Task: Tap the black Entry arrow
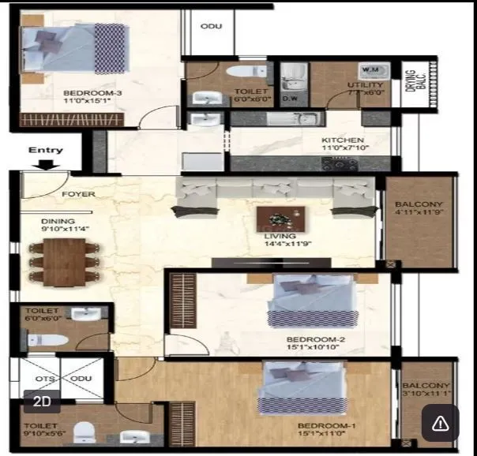pos(47,165)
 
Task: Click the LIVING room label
pos(280,236)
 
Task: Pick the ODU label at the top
pos(211,26)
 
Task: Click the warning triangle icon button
pos(440,424)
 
